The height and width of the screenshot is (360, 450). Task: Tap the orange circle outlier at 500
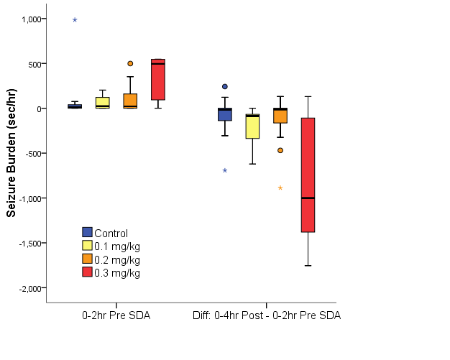pos(130,63)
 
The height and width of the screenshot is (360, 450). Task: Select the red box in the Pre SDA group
pos(157,80)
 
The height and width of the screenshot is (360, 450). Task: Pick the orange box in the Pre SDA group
pos(130,101)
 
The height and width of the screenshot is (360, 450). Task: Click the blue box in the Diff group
pos(224,114)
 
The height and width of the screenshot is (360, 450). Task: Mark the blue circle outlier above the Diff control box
pos(224,86)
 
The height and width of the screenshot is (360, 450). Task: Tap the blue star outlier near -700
pos(224,170)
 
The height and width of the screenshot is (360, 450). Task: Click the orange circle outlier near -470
pos(280,150)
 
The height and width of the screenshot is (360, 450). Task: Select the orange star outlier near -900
pos(280,188)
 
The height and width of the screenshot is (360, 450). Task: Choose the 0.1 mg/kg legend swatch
pos(88,246)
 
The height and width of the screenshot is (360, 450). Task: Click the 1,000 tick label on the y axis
pos(29,19)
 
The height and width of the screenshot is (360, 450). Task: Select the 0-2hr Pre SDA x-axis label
pos(116,316)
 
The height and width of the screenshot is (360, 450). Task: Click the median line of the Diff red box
pos(308,198)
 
